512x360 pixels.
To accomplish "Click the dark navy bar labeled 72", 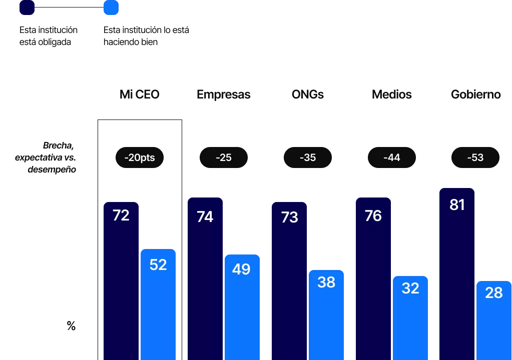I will [121, 280].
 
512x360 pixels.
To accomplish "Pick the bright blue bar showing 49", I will [242, 307].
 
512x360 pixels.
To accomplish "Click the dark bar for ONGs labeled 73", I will [289, 280].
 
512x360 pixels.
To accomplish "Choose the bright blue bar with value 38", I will [326, 314].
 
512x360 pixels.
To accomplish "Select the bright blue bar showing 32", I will [410, 317].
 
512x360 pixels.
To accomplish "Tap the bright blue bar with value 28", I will [494, 320].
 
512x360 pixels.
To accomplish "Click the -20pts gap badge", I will [139, 157].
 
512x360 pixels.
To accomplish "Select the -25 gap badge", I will [223, 157].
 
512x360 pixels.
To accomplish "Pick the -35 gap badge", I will [308, 157].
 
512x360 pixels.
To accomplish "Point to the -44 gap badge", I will [391, 157].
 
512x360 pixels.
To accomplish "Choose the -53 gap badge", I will [475, 157].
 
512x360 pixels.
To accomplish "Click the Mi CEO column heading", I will [139, 94].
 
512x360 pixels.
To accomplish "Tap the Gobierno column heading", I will [475, 94].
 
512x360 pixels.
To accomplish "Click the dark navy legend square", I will [27, 7].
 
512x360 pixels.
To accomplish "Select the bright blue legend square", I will [111, 7].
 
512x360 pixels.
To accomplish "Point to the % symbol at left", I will [71, 326].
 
